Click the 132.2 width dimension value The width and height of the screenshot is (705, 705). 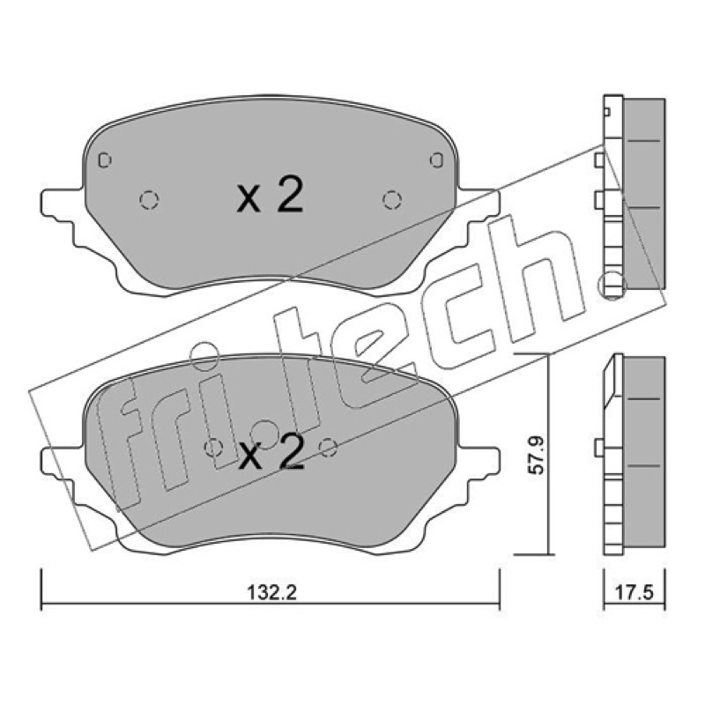pos(272,592)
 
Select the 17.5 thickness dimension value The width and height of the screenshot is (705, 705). pos(634,592)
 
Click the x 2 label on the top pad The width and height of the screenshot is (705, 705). pos(271,195)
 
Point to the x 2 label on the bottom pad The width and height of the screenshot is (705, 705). pos(271,453)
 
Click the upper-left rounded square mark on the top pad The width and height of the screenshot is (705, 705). pos(105,160)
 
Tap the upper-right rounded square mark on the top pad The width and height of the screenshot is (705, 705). pos(436,160)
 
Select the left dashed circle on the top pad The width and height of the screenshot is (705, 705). pos(149,200)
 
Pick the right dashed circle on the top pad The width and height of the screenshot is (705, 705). pos(392,200)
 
